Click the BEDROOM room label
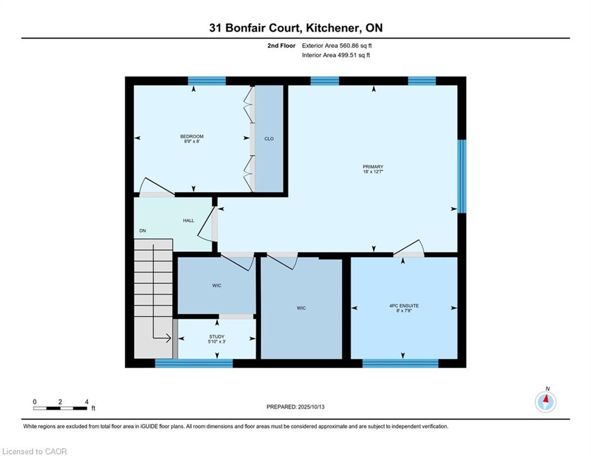point(192,137)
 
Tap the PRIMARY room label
point(373,167)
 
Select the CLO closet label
point(268,139)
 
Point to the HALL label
point(188,220)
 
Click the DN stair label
point(143,230)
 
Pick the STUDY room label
point(217,337)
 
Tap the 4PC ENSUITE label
point(404,306)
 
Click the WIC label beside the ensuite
point(301,308)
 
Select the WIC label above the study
point(217,285)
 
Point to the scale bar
point(61,408)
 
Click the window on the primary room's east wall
point(462,176)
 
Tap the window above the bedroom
point(207,81)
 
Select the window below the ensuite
point(400,363)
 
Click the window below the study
point(194,363)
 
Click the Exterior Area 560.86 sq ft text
point(337,46)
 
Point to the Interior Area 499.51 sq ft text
point(336,55)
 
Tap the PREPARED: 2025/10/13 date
point(296,407)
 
